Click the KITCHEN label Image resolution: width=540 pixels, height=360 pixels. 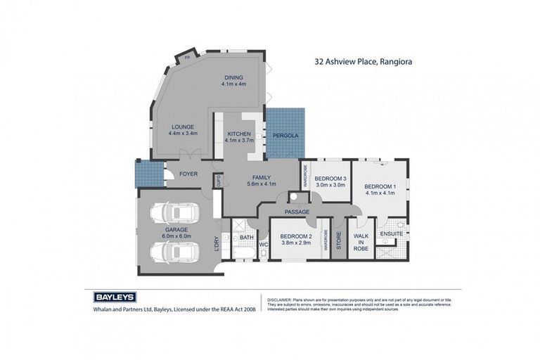pyautogui.click(x=238, y=136)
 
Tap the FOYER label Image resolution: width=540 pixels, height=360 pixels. pyautogui.click(x=188, y=174)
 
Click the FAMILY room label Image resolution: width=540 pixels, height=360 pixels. pyautogui.click(x=262, y=180)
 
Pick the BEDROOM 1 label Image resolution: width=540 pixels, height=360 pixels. pyautogui.click(x=380, y=190)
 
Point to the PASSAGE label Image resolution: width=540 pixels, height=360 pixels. pyautogui.click(x=297, y=212)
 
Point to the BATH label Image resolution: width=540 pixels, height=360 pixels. pyautogui.click(x=246, y=238)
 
